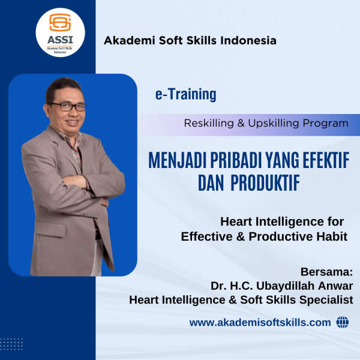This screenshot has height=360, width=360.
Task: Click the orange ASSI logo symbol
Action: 60,22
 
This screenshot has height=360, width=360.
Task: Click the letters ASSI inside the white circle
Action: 60,40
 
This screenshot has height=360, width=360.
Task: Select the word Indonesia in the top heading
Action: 248,40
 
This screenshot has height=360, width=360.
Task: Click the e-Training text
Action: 186,94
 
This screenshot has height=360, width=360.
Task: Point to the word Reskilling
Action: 209,123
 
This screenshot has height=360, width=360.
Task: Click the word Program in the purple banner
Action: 326,124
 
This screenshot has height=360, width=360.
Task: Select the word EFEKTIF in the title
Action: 326,160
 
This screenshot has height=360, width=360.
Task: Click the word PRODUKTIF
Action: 265,183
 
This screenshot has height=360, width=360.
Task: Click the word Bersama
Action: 326,272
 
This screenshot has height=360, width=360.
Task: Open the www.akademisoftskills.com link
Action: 260,323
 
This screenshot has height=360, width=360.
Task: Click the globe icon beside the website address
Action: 343,322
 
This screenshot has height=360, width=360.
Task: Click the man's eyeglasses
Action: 68,107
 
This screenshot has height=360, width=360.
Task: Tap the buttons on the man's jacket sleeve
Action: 91,215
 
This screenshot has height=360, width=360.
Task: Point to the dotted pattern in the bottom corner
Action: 11,344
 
